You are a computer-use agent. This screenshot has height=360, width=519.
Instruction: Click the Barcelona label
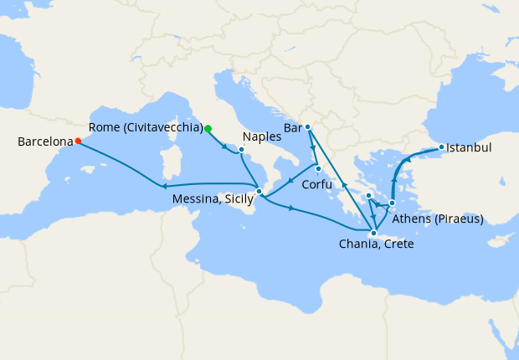[x=45, y=141]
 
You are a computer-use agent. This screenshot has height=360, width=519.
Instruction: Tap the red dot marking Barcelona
[x=78, y=141]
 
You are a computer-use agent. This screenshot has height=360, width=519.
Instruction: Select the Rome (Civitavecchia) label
[x=146, y=128]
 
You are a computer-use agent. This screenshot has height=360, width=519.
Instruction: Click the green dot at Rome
[x=208, y=128]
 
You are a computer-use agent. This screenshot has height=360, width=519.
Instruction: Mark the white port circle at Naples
[x=241, y=151]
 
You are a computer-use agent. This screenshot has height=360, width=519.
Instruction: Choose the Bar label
[x=292, y=128]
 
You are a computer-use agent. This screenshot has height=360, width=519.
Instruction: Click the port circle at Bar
[x=308, y=126]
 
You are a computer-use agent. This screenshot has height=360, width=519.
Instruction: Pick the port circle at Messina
[x=259, y=192]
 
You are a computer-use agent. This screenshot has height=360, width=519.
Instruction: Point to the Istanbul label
[x=468, y=147]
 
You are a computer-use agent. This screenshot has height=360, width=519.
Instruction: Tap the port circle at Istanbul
[x=441, y=147]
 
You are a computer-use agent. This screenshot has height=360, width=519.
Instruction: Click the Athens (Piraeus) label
[x=438, y=219]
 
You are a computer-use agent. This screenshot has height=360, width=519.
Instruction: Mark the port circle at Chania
[x=373, y=233]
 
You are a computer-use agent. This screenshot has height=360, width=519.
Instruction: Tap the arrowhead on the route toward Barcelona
[x=163, y=186]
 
